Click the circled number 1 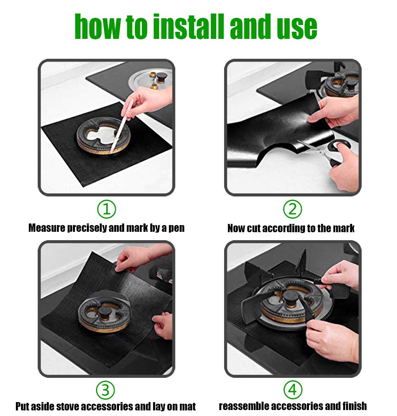[x=107, y=209]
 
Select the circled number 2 [x=293, y=209]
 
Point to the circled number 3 [x=105, y=390]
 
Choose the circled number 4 [x=293, y=390]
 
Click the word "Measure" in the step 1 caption [x=47, y=228]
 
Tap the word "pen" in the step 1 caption [x=176, y=229]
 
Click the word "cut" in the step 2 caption [x=253, y=228]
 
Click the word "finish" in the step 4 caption [x=355, y=406]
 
